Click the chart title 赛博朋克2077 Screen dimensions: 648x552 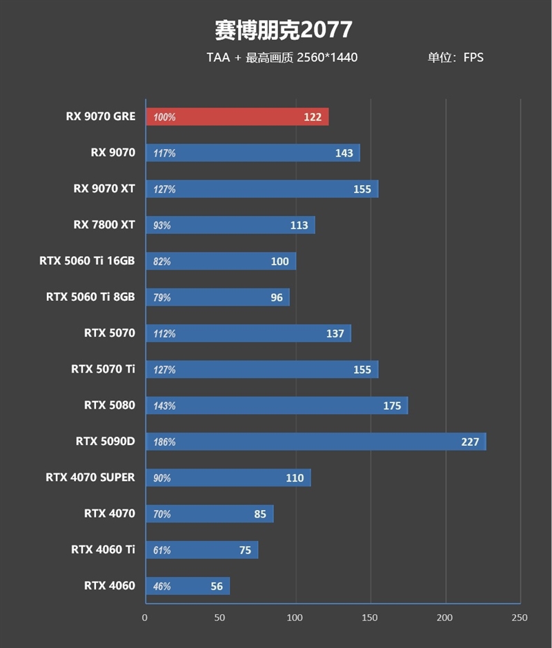point(283,29)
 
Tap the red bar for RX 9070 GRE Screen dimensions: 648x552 point(237,117)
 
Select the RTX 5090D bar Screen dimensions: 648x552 point(315,442)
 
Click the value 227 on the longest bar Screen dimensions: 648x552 point(470,442)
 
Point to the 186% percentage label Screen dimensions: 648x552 point(164,442)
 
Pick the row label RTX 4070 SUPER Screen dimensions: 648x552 point(90,477)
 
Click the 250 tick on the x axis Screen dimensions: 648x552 point(520,618)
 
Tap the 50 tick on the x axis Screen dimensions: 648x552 point(220,618)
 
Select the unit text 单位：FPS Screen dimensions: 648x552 point(455,57)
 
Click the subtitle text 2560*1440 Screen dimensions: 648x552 point(327,57)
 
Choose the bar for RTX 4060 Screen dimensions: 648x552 point(187,586)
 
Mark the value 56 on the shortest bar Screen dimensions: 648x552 point(217,586)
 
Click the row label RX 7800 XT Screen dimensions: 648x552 point(104,224)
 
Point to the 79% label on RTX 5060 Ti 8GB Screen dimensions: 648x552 point(162,297)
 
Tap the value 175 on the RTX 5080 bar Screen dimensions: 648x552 point(392,406)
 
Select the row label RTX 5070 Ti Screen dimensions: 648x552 point(103,369)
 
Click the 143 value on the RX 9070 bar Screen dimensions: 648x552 point(344,153)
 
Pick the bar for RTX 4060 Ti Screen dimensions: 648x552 point(201,550)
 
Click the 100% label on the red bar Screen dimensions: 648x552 point(164,117)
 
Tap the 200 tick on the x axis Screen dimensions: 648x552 point(445,618)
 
